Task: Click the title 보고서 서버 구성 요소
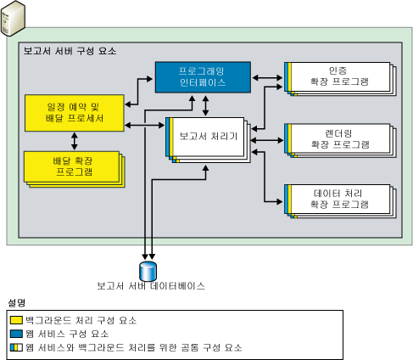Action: (70, 52)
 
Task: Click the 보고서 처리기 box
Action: (207, 136)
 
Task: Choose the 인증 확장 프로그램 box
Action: (340, 77)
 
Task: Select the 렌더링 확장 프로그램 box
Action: (340, 138)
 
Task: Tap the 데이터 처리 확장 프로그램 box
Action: (340, 200)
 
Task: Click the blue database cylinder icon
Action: (148, 269)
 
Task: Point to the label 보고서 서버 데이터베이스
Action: (150, 286)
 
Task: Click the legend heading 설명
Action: (16, 302)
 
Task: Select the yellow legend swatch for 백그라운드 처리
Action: (16, 320)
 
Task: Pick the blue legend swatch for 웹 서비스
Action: (16, 334)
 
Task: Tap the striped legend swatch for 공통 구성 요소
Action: (16, 347)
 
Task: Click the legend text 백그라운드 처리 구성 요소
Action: (81, 320)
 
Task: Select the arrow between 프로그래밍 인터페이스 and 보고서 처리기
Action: (207, 104)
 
